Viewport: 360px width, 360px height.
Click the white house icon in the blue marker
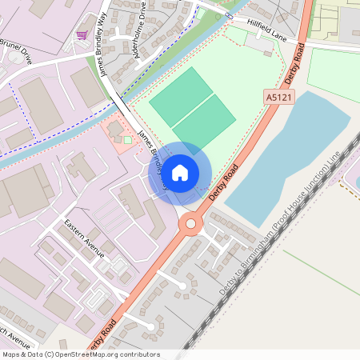[180, 172]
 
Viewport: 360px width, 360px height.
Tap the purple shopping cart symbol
[82, 35]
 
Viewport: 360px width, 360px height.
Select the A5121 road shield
[277, 95]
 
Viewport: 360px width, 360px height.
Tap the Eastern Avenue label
[85, 238]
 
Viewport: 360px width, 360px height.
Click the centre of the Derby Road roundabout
[190, 223]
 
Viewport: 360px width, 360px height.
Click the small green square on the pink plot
[127, 140]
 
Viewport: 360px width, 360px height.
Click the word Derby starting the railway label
[228, 284]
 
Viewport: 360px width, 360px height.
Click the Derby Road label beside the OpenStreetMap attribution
[105, 336]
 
